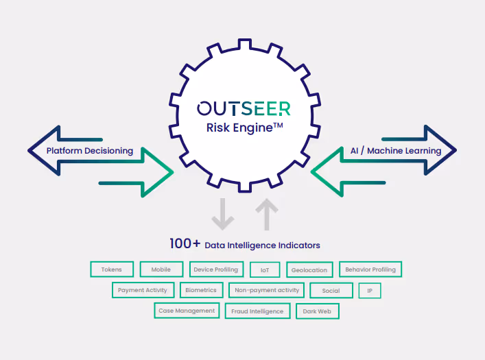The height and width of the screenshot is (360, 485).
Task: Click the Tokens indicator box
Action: pyautogui.click(x=111, y=269)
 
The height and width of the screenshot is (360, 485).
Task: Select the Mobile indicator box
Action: pyautogui.click(x=161, y=269)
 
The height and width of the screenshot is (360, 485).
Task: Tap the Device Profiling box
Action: pyautogui.click(x=215, y=269)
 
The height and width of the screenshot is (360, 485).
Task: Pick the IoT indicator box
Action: pyautogui.click(x=265, y=270)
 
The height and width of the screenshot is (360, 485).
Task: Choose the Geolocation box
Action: pyautogui.click(x=309, y=270)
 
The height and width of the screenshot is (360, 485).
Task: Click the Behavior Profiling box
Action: pyautogui.click(x=370, y=269)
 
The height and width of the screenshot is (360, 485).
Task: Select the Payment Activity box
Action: pyautogui.click(x=143, y=290)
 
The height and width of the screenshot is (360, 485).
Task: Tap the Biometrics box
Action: pyautogui.click(x=201, y=290)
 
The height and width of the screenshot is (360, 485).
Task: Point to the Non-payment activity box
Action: pyautogui.click(x=267, y=290)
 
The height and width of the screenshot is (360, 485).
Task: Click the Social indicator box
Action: pyautogui.click(x=331, y=291)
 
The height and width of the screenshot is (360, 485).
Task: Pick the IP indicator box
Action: pyautogui.click(x=370, y=291)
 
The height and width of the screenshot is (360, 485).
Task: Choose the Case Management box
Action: pyautogui.click(x=187, y=311)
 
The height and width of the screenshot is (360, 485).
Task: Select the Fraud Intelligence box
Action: pyautogui.click(x=257, y=311)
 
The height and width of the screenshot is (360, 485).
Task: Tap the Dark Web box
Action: pyautogui.click(x=317, y=311)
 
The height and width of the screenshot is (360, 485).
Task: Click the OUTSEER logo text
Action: pyautogui.click(x=244, y=108)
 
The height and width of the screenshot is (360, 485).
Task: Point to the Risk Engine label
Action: pyautogui.click(x=244, y=127)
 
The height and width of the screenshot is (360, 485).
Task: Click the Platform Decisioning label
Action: pyautogui.click(x=90, y=151)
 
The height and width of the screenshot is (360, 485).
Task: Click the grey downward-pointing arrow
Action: pyautogui.click(x=222, y=213)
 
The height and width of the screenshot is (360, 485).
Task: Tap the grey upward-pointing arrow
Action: pyautogui.click(x=267, y=213)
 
